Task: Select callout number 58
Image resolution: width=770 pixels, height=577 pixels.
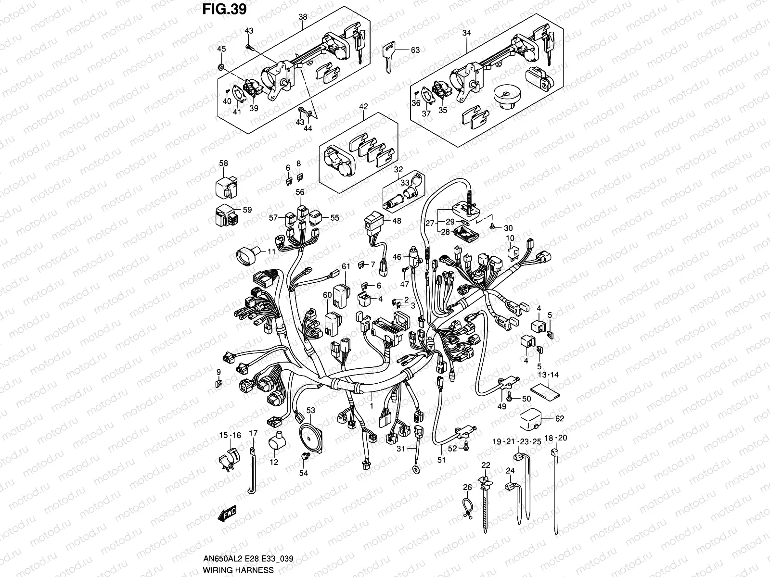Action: coord(223,163)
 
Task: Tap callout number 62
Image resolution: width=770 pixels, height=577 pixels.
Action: coord(559,419)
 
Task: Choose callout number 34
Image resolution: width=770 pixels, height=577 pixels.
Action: coord(466,33)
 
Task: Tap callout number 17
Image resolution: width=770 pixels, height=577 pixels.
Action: coord(253,433)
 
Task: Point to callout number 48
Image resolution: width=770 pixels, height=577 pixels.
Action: coord(397,221)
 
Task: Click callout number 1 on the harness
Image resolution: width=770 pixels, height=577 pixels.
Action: coord(371,406)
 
